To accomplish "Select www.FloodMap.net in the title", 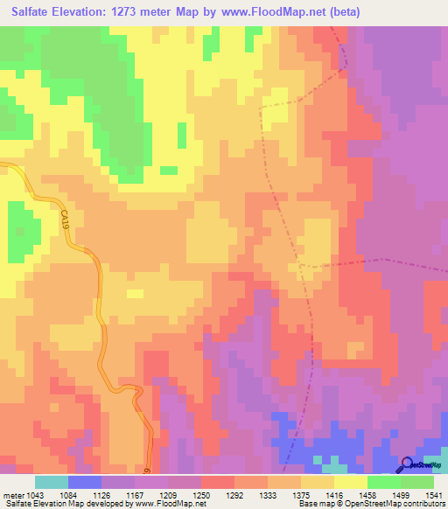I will [267, 13].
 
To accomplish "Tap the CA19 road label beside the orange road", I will [65, 219].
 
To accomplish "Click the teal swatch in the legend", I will [52, 482].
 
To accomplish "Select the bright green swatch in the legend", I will [384, 482].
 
